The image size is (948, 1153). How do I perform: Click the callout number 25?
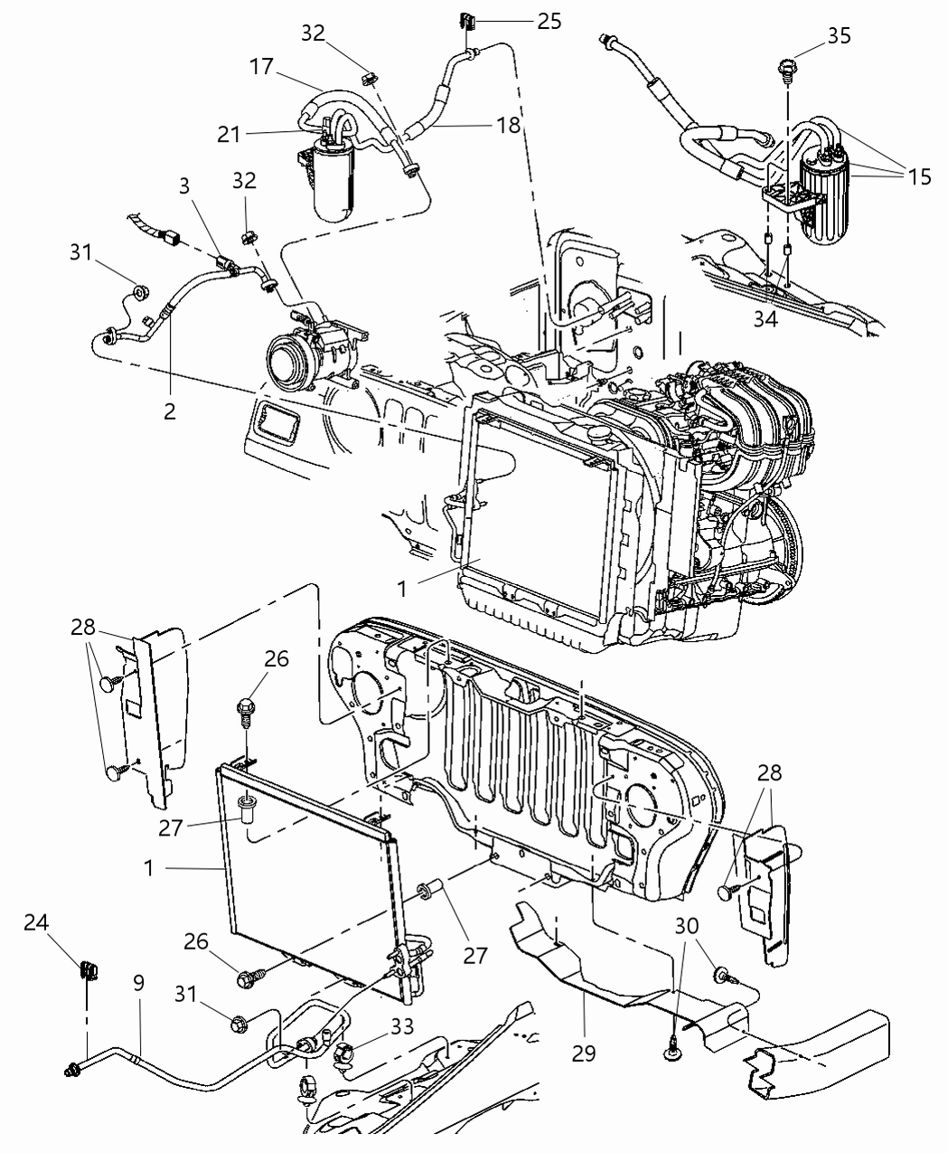549,21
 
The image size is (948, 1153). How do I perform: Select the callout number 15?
919,176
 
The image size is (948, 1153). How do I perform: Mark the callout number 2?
169,411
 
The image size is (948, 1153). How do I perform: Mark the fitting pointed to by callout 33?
348,1053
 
